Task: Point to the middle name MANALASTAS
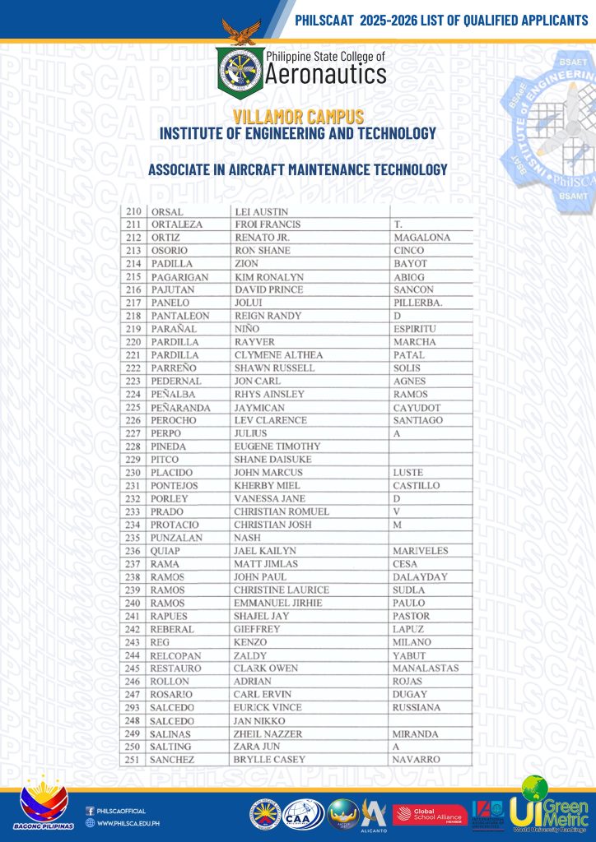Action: point(426,669)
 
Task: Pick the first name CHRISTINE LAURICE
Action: point(282,590)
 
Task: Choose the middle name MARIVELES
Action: point(421,551)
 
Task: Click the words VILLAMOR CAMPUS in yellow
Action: point(298,118)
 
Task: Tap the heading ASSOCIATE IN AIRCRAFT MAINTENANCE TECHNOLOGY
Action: point(297,170)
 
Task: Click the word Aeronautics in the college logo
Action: point(325,75)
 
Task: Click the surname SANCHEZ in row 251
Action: point(172,760)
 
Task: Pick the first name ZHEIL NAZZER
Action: point(268,733)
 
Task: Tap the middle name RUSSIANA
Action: point(417,707)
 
